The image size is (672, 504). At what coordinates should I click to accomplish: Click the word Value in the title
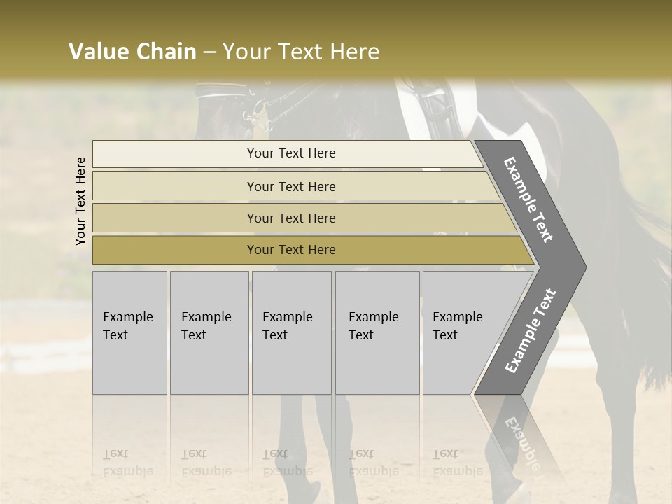(x=98, y=52)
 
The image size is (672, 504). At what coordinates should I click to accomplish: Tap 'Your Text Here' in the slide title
(x=301, y=52)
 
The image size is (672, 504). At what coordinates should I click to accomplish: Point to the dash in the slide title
(x=209, y=52)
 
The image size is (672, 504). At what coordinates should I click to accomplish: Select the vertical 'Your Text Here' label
(x=80, y=201)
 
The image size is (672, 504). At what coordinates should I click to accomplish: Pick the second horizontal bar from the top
(x=291, y=186)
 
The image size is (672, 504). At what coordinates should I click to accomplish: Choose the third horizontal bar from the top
(x=291, y=218)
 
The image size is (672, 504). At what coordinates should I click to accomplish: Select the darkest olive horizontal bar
(x=291, y=250)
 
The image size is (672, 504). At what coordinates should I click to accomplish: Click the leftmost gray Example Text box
(x=129, y=332)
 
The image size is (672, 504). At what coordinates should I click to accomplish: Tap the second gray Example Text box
(x=209, y=332)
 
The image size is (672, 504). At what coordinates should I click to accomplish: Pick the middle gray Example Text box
(x=291, y=332)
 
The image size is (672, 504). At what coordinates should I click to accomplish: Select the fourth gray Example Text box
(x=377, y=332)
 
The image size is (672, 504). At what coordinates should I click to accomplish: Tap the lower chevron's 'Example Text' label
(x=531, y=330)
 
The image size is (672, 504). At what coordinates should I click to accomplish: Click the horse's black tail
(x=647, y=266)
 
